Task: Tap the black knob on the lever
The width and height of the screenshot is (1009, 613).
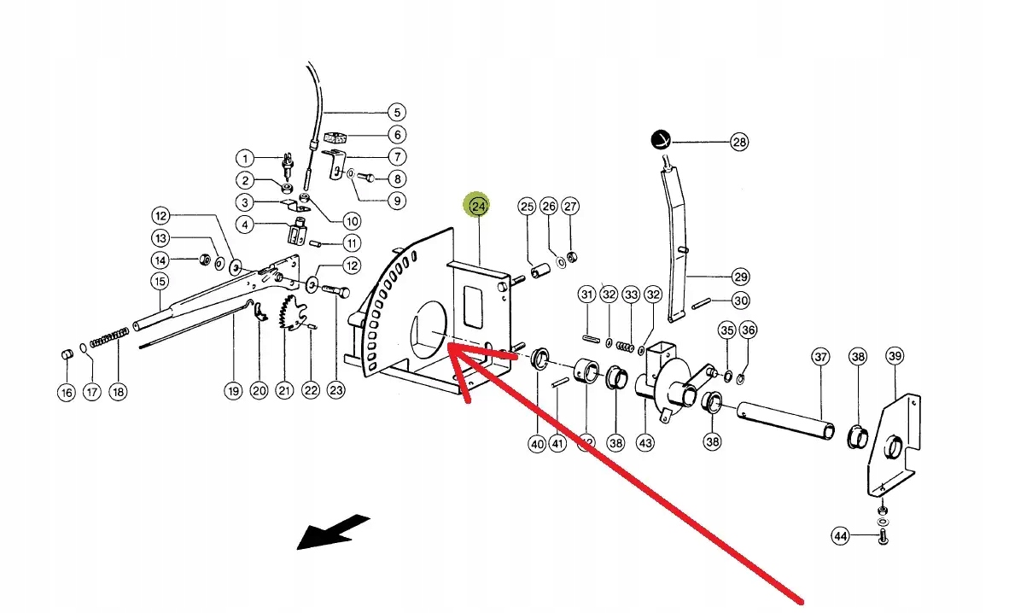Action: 661,140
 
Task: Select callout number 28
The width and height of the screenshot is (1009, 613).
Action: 738,142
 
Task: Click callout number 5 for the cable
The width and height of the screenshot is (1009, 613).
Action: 395,112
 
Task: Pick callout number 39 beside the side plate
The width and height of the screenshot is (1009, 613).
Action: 894,356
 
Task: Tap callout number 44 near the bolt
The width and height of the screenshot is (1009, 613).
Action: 842,536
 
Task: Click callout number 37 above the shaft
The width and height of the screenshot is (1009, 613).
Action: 820,357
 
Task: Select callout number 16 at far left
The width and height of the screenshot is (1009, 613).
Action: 67,392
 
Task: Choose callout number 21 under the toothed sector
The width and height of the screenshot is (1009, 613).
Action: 284,391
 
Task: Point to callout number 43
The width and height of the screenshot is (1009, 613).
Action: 645,442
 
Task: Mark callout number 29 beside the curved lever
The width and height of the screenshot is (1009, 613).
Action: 740,277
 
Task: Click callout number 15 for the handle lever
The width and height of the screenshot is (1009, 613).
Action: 160,281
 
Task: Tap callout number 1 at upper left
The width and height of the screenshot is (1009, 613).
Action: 245,158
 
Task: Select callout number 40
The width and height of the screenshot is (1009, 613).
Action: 537,443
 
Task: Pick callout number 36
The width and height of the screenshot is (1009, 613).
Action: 748,330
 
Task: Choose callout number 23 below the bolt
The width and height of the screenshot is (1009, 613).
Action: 336,391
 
